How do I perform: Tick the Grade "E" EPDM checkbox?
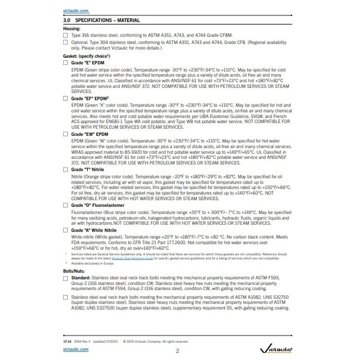tap(65, 62)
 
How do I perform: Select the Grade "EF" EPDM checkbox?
tap(65, 97)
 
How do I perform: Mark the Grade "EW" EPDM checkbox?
tap(65, 133)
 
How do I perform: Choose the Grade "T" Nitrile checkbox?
tap(65, 169)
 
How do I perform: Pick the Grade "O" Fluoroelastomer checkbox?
tap(65, 205)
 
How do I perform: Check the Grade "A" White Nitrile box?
tap(65, 231)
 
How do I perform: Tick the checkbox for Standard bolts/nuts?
tap(65, 278)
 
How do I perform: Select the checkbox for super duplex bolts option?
tap(65, 297)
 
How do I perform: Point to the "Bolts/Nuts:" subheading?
tap(74, 271)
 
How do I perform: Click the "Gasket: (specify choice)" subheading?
tap(86, 55)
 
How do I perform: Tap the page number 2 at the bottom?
tap(177, 351)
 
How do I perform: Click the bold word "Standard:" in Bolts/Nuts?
tap(81, 278)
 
